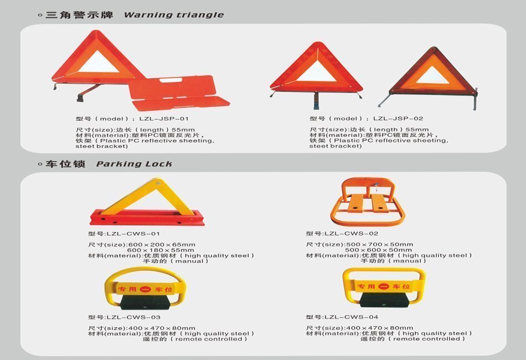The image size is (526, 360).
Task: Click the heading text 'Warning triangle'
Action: (174, 15)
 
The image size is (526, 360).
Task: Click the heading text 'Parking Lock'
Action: (134, 164)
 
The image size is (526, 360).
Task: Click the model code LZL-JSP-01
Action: (164, 119)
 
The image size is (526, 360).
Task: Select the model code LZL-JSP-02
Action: (398, 119)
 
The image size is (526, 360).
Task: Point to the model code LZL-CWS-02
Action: (351, 233)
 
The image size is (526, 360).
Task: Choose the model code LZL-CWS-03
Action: (133, 317)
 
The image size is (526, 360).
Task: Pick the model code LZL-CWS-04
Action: (351, 317)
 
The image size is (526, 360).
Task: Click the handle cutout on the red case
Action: (170, 80)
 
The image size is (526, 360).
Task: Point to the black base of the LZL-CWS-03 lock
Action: (145, 302)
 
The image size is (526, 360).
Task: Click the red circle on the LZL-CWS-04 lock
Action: (384, 286)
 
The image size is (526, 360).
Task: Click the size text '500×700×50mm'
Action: (380, 244)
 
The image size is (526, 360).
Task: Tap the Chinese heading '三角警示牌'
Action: (80, 15)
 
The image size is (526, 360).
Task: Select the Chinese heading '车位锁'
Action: (65, 164)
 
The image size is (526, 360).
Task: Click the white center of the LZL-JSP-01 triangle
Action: (99, 64)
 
